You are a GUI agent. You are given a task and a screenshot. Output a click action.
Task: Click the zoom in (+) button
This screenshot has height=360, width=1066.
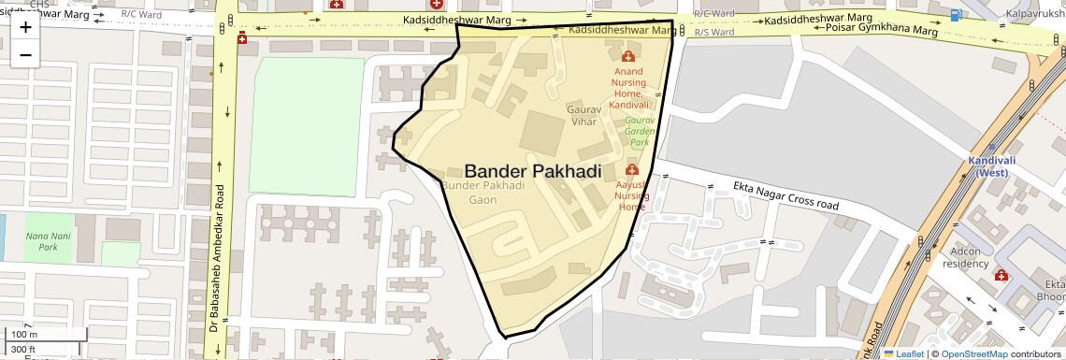(x=25, y=27)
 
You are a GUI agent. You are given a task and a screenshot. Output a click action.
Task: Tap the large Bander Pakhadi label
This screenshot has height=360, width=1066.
(x=532, y=171)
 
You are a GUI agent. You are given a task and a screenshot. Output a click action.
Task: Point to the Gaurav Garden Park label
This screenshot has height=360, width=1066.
(x=640, y=132)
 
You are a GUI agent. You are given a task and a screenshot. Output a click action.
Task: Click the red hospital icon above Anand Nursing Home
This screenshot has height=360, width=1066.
(x=627, y=57)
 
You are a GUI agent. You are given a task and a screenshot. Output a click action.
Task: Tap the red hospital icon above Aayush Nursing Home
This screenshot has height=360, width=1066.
(x=631, y=170)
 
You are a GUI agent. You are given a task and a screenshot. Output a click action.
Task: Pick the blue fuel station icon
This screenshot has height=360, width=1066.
(x=954, y=15)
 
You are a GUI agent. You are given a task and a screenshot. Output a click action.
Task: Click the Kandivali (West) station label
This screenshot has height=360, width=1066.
(x=992, y=166)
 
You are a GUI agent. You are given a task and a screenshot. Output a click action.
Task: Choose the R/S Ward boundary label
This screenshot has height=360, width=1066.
(x=713, y=32)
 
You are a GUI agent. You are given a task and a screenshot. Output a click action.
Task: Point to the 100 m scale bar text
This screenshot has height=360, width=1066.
(x=24, y=335)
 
